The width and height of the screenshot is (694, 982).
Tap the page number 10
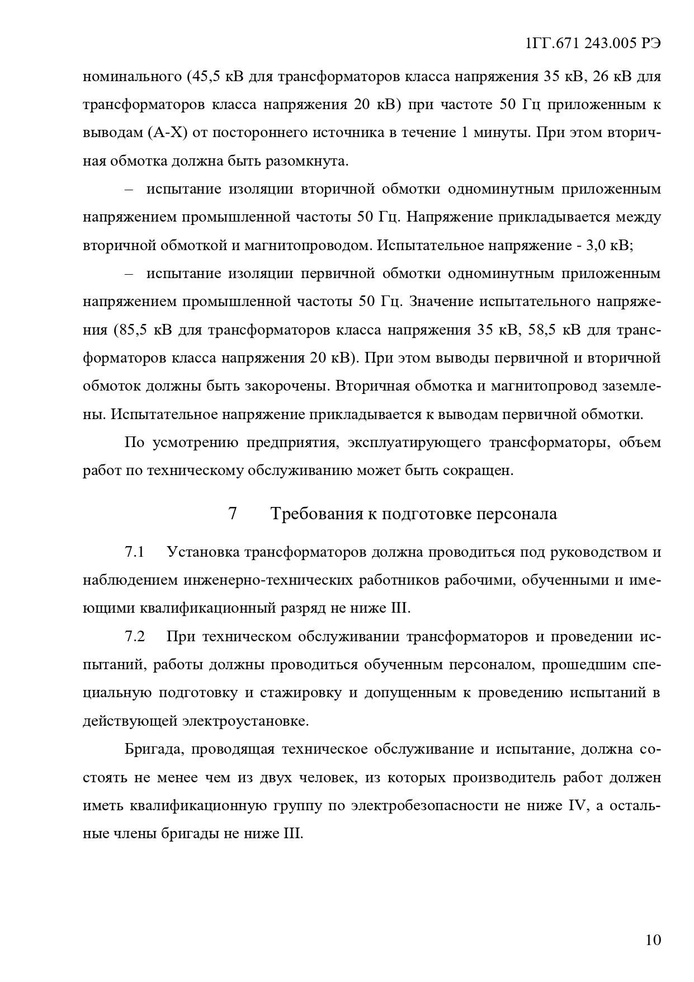click(653, 939)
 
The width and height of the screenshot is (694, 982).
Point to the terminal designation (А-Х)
click(168, 133)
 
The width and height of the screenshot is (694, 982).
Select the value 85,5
click(133, 330)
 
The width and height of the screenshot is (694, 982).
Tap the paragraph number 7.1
click(135, 552)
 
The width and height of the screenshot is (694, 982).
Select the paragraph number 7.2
click(135, 637)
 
